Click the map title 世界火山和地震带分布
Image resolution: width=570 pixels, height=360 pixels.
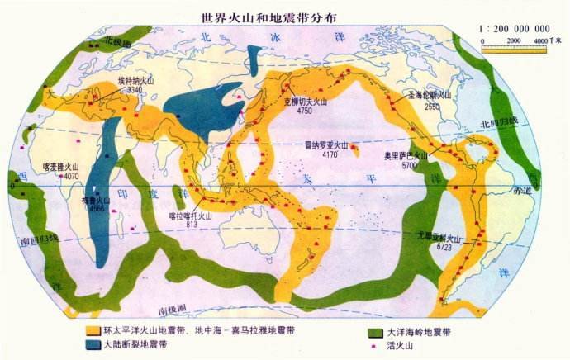click(262, 17)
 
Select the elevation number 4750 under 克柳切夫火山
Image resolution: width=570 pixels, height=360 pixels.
click(304, 110)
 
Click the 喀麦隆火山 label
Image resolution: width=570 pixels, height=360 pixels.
click(61, 167)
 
